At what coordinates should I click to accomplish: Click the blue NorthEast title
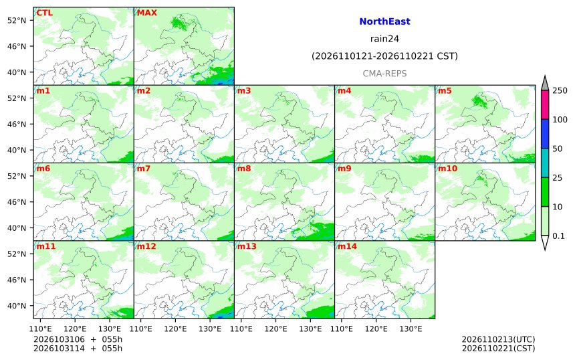pos(384,21)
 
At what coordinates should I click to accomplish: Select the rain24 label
pos(384,39)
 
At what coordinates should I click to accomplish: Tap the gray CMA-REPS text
pos(384,74)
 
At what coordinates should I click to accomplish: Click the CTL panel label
pos(44,13)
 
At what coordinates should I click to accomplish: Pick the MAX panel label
pos(146,13)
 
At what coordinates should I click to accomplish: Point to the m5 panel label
pos(445,90)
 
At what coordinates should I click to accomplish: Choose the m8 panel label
pos(244,169)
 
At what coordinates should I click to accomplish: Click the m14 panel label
pos(347,246)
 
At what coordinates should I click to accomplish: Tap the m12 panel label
pos(146,246)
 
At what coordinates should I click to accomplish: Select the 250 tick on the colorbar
pos(560,90)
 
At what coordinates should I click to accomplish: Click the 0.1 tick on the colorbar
pos(558,236)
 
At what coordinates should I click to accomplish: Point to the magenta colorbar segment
pos(545,104)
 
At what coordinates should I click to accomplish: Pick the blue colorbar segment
pos(545,134)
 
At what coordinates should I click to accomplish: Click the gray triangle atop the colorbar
pos(545,84)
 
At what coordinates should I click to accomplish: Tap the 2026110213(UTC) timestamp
pos(498,339)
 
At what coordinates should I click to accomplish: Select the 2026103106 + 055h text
pos(78,339)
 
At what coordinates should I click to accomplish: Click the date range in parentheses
pos(384,56)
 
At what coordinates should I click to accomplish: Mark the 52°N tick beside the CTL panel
pos(17,20)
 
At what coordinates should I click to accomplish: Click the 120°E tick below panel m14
pos(376,329)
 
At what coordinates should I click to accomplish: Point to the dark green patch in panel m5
pos(479,100)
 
